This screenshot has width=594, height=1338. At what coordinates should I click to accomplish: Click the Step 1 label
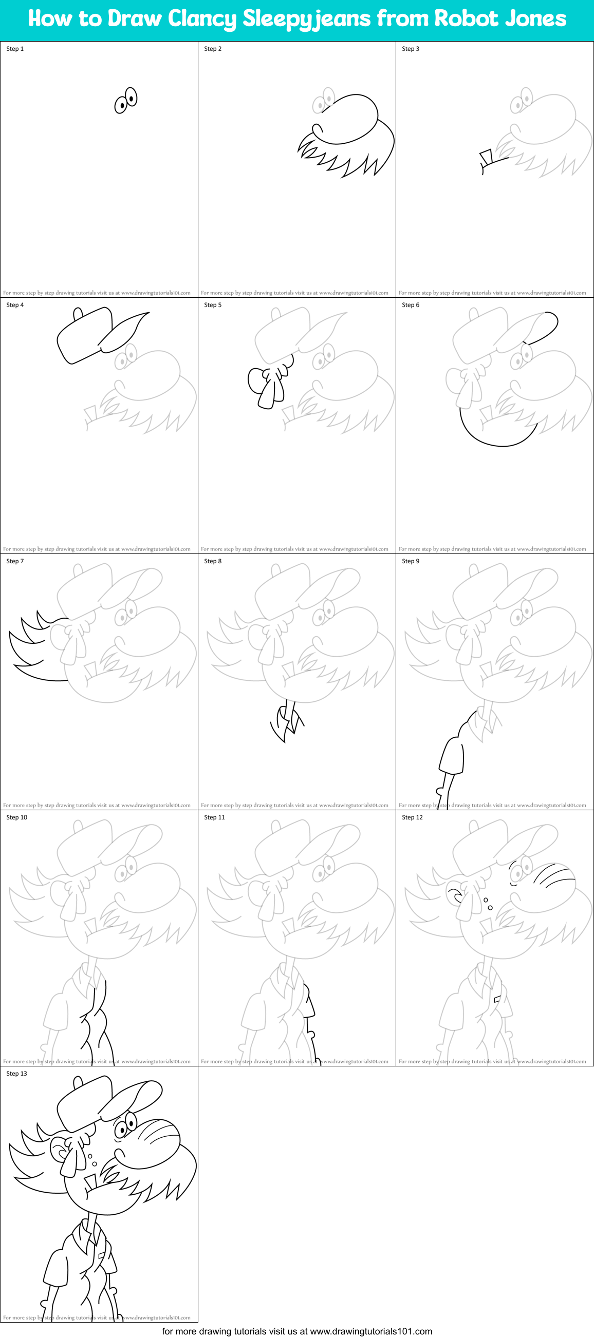click(x=15, y=49)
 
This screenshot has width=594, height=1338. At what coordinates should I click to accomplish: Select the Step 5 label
click(x=213, y=305)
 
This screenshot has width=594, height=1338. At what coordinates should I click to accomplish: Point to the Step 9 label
click(x=411, y=561)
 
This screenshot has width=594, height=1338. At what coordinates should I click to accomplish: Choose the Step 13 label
click(x=16, y=1073)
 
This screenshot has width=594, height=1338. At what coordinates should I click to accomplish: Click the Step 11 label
click(x=215, y=817)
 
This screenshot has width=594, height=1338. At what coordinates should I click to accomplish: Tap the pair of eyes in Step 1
click(x=126, y=100)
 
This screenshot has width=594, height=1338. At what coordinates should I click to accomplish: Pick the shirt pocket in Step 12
click(x=497, y=999)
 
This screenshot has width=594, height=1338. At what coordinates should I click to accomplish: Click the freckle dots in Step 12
click(x=488, y=904)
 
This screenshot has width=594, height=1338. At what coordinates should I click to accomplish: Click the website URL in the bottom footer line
click(x=370, y=1331)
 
